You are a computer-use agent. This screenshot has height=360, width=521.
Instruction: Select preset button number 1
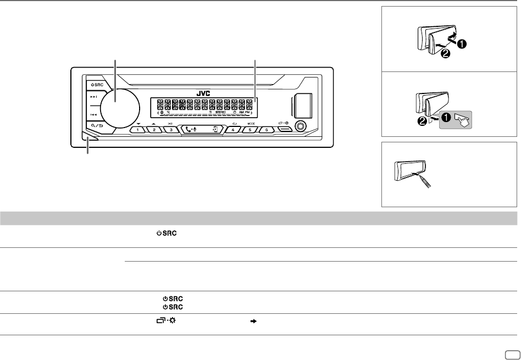coord(137,130)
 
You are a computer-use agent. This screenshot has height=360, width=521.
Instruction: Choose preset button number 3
coord(171,130)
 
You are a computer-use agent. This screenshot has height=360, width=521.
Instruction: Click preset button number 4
coord(234,130)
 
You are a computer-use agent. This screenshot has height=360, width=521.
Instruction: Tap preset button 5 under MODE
coord(251,130)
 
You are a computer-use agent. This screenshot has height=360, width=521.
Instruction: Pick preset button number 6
coord(267,130)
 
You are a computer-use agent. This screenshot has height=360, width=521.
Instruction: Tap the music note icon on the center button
coord(215,130)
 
